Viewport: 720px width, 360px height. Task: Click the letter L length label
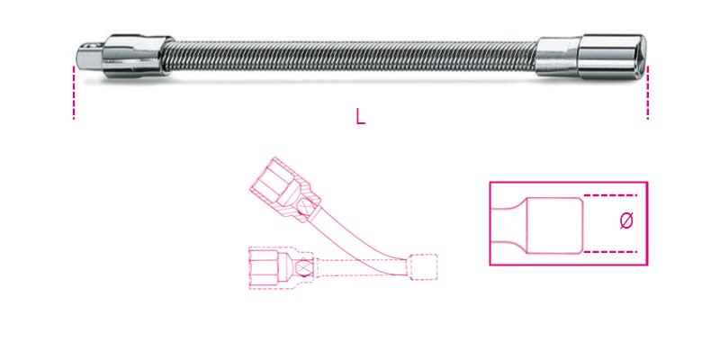[x=360, y=117]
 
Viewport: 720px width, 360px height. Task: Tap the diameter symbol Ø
[x=627, y=220]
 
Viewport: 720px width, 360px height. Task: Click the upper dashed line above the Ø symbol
[x=612, y=194]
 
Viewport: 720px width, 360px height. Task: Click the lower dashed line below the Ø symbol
[x=612, y=251]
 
